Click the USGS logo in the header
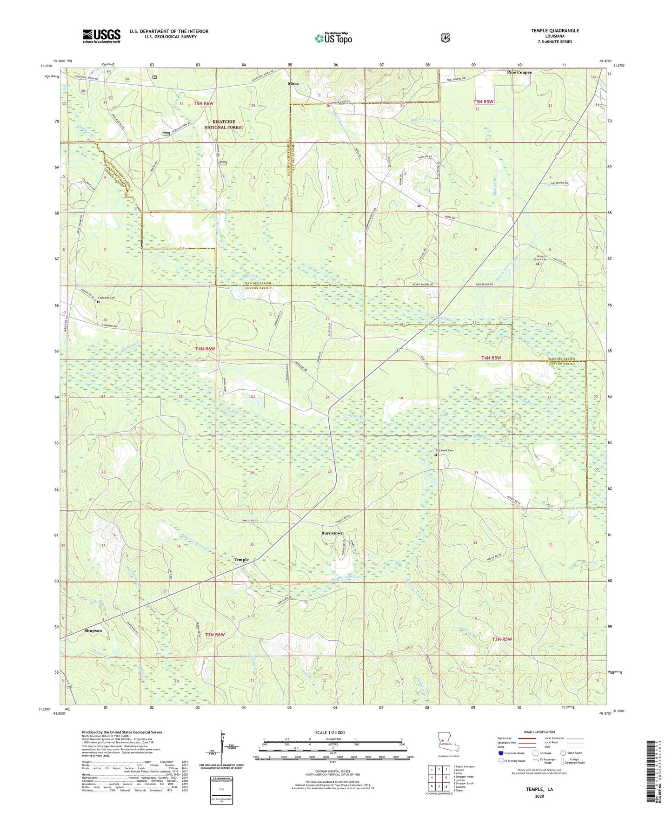[x=101, y=36]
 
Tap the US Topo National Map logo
[x=333, y=38]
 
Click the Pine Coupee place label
[x=519, y=73]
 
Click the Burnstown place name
[x=333, y=533]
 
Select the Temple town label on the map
[x=241, y=560]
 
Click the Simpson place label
[x=93, y=630]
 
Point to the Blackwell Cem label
[x=444, y=451]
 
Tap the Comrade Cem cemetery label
[x=106, y=298]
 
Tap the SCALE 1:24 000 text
[x=330, y=732]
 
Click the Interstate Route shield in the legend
[x=500, y=753]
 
